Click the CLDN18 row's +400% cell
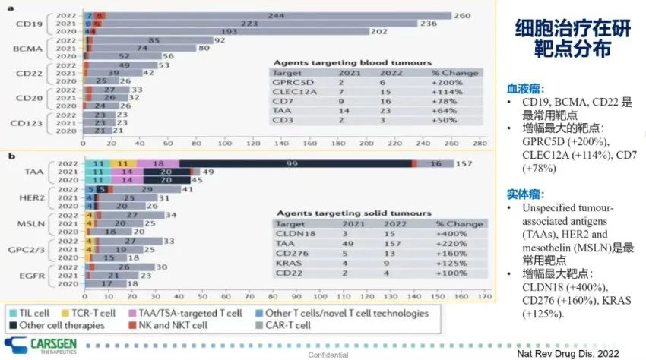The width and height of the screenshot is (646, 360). coord(454,235)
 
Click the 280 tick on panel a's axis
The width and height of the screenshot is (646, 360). coord(480,142)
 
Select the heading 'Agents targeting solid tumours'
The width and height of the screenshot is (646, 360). coord(353,213)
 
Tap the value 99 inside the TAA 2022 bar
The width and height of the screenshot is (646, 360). coord(292,163)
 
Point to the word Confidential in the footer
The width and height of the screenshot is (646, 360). coord(328,355)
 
